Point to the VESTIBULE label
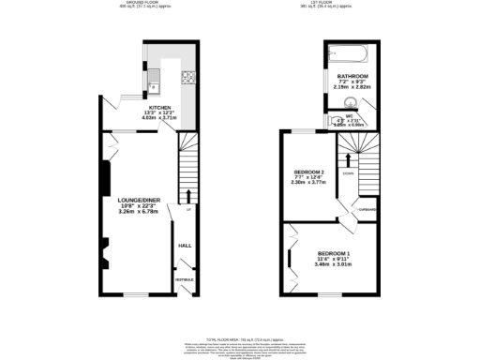click(x=186, y=280)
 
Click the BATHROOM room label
click(x=352, y=75)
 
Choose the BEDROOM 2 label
click(x=308, y=172)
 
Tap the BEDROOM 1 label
click(x=334, y=254)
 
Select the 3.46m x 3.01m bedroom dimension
click(x=334, y=266)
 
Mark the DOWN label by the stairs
click(x=347, y=172)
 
